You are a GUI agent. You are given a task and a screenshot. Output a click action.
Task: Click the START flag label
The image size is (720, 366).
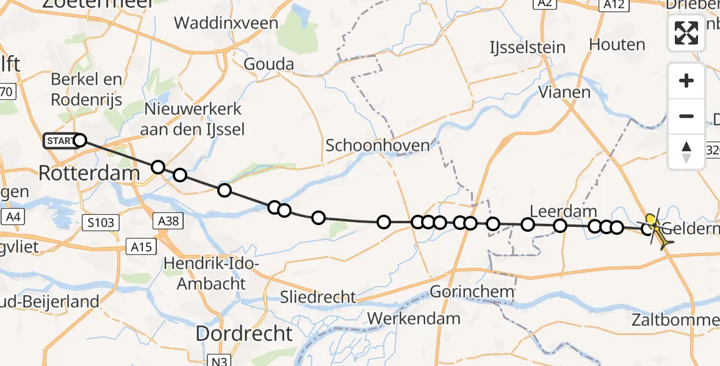[60, 142]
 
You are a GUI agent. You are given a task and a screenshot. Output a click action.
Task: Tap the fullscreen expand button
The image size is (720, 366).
[686, 33]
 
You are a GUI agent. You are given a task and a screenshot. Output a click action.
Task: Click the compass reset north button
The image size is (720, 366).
[686, 152]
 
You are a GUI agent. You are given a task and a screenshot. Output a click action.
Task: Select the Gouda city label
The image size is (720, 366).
[268, 64]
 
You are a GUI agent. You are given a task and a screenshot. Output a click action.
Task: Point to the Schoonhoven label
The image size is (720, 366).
[378, 146]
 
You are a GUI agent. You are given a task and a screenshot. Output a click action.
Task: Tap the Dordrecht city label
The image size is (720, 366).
[244, 334]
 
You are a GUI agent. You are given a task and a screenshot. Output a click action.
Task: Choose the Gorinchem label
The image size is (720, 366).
[472, 292]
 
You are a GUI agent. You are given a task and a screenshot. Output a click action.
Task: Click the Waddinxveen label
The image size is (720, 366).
[226, 24]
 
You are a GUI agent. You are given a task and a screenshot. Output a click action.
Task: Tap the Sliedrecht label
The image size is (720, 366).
[318, 297]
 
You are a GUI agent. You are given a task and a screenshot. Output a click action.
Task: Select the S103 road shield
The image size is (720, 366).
[101, 223]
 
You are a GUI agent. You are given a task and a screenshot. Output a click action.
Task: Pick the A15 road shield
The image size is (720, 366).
[142, 246]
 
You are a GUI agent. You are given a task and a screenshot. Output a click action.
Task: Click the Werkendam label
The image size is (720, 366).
[414, 318]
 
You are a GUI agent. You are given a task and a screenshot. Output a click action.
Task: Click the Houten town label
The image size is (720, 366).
[617, 45]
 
